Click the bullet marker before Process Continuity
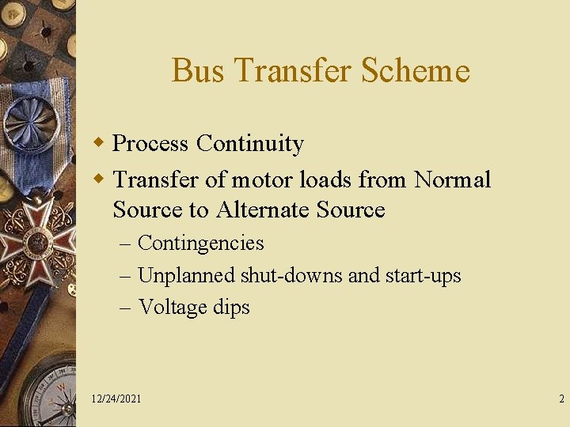[99, 143]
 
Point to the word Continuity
[250, 143]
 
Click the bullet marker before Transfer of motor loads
[99, 179]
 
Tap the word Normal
[452, 179]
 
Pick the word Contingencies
[200, 243]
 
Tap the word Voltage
[174, 307]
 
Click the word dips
[232, 307]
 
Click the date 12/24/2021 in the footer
[116, 399]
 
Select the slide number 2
[561, 399]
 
